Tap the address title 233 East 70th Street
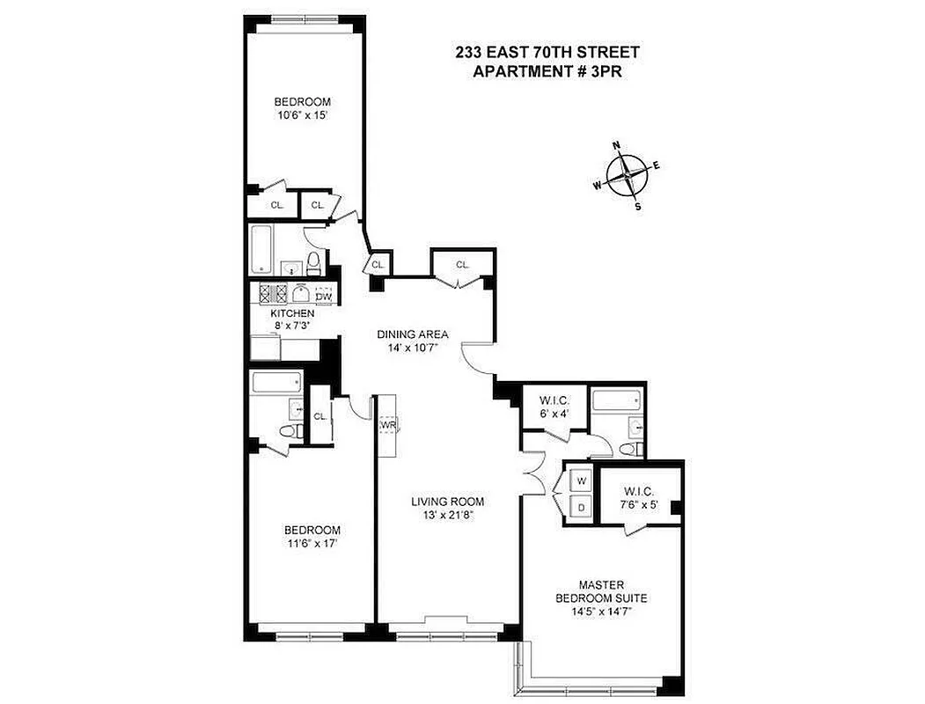[547, 53]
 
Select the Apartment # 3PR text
[547, 72]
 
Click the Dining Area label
[413, 334]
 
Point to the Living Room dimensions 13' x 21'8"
[448, 517]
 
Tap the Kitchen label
[292, 313]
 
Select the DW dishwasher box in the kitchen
[324, 296]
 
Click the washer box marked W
[582, 481]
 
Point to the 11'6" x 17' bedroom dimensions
[312, 543]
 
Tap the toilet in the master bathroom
[628, 449]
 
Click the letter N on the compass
[617, 145]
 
